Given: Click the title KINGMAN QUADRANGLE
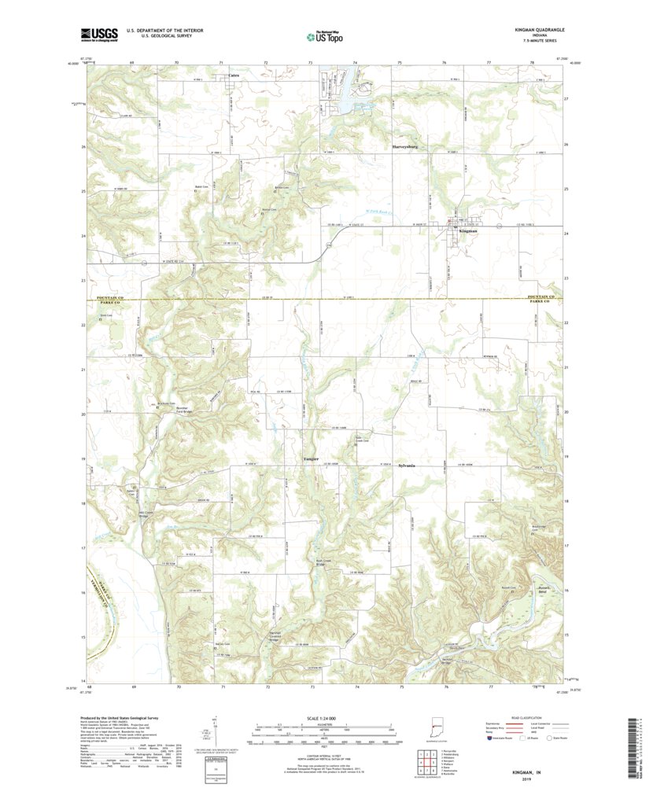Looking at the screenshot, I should pyautogui.click(x=534, y=30).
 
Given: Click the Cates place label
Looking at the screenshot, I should pyautogui.click(x=233, y=75).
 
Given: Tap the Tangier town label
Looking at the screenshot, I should pyautogui.click(x=312, y=458).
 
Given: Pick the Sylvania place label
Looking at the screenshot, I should pyautogui.click(x=407, y=466).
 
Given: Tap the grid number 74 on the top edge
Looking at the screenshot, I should pyautogui.click(x=356, y=61).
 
